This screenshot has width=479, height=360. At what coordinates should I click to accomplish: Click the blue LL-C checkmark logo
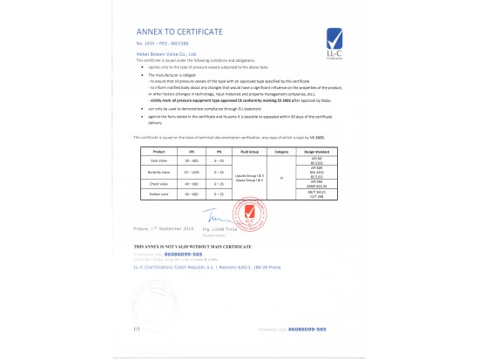pos(332,38)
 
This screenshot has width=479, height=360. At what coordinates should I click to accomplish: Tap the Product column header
pos(159,151)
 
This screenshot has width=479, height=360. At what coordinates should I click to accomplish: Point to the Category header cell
pos(281,151)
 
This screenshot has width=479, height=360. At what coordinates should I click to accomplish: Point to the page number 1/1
pos(137,329)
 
